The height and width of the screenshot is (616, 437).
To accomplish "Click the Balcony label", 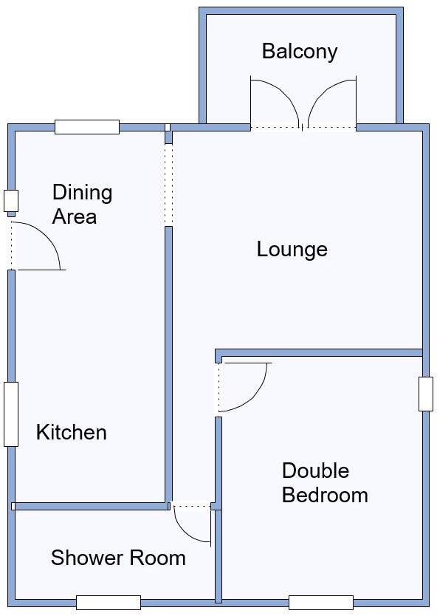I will click(x=299, y=51).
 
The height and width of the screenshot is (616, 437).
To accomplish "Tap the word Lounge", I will click(x=292, y=249).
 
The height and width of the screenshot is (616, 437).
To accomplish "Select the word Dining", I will click(x=82, y=193).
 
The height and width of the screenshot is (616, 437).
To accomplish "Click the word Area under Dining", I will click(x=74, y=216).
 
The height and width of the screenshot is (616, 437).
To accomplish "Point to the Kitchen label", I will click(x=72, y=432).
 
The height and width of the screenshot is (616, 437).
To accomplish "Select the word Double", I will click(x=315, y=470).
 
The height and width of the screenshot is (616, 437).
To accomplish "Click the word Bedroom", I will click(x=325, y=494).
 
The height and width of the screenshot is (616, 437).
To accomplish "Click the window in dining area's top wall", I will click(x=87, y=127).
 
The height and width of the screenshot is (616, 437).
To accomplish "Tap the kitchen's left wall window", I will click(x=10, y=414).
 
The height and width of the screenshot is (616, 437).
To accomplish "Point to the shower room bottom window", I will click(x=108, y=602).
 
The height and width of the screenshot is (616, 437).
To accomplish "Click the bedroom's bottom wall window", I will click(x=320, y=602).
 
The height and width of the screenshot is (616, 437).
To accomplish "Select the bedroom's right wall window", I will click(x=425, y=394).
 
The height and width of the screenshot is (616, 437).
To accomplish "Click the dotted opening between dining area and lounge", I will click(x=168, y=185).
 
